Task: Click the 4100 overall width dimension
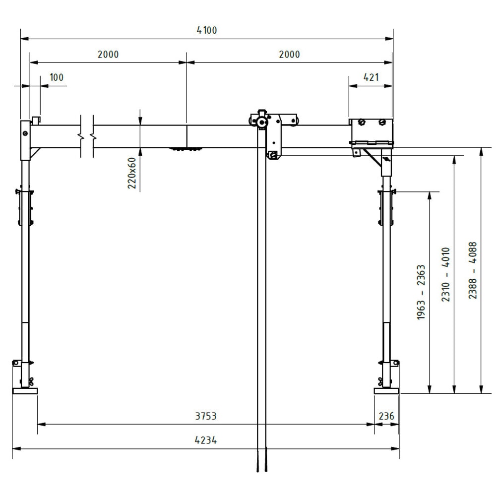click(x=207, y=30)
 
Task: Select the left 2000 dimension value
click(x=108, y=55)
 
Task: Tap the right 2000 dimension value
click(x=289, y=55)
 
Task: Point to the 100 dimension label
click(x=57, y=77)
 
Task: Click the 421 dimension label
click(x=371, y=77)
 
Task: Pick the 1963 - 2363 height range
click(x=421, y=292)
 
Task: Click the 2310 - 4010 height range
click(x=446, y=275)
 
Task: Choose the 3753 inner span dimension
click(x=206, y=416)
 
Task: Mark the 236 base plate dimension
click(x=387, y=416)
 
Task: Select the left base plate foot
click(x=25, y=391)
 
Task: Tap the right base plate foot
click(x=386, y=391)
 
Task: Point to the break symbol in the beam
click(x=87, y=135)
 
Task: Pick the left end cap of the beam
click(x=25, y=140)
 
